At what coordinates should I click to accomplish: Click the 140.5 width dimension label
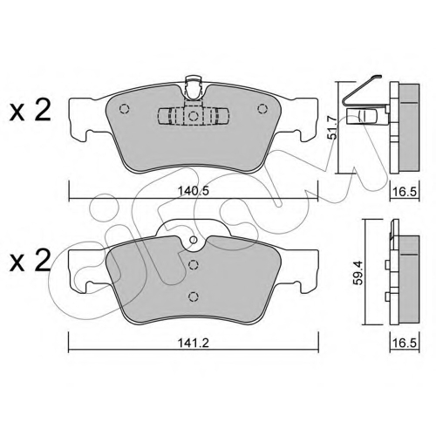click(194, 191)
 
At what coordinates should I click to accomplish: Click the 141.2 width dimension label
click(194, 343)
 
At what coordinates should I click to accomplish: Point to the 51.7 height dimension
click(332, 127)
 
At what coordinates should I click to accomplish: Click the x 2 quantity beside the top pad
click(31, 110)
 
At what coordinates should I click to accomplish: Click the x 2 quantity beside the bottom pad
click(31, 261)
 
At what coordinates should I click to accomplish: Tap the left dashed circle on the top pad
click(125, 109)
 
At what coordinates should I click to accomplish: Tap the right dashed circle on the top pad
click(262, 109)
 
